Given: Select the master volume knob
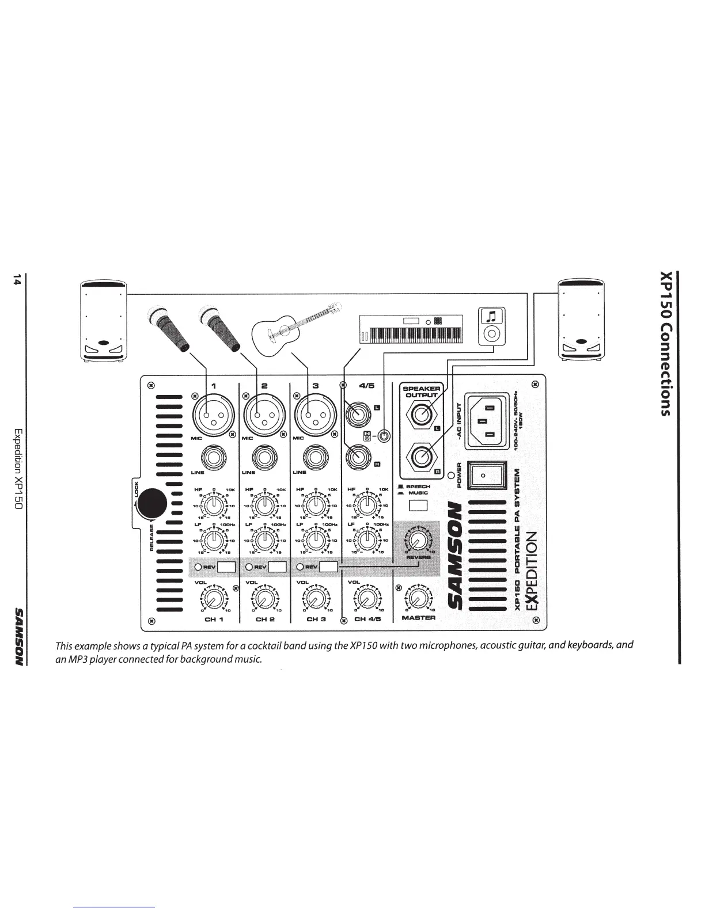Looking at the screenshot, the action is tap(418, 597).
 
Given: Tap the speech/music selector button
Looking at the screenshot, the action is tap(418, 506).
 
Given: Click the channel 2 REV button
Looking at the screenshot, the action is tap(277, 567).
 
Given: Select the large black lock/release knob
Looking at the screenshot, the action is tap(153, 503).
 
